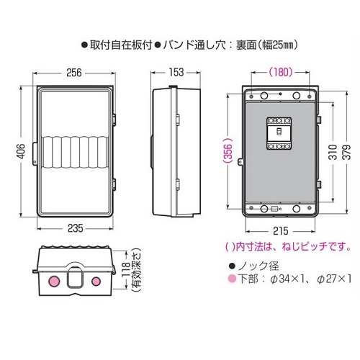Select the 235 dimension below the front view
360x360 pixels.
74,230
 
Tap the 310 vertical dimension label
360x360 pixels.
332,152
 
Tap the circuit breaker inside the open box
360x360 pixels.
277,135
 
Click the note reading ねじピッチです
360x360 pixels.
317,247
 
